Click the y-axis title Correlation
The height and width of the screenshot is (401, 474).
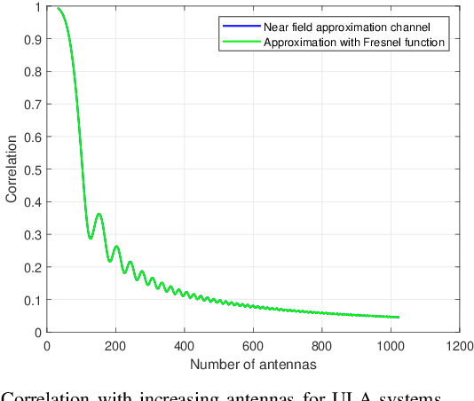11,169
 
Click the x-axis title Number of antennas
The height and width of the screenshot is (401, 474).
253,366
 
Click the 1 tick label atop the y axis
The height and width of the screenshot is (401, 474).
36,7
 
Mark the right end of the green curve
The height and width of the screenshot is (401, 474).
399,317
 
